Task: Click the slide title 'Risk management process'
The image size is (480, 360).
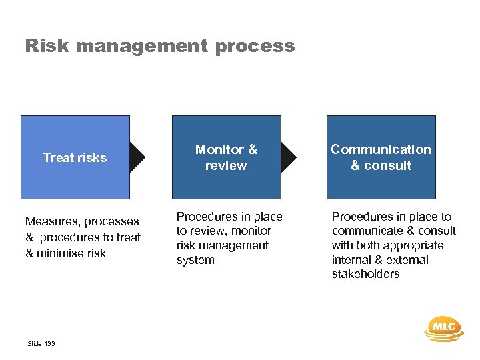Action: pos(159,46)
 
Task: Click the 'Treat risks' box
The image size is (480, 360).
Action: pos(75,157)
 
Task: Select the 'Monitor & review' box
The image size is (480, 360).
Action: pos(226,157)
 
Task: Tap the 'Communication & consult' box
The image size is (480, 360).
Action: pos(381,157)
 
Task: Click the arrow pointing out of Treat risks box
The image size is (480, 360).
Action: pos(138,157)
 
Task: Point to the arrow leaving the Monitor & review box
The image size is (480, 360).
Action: pos(289,157)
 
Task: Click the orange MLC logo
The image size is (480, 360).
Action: pos(443,327)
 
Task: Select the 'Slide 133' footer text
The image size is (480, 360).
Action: pos(41,344)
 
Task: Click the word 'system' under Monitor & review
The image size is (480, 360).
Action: pos(195,260)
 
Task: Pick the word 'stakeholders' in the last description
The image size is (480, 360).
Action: pos(365,274)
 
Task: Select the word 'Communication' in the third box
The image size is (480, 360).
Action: pos(381,149)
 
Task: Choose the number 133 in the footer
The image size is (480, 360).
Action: pos(49,344)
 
